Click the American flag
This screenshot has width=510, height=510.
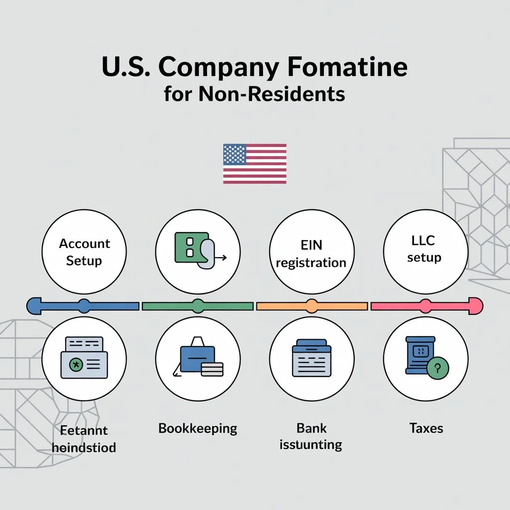point(255,164)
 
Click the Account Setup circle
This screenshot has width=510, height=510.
point(84,252)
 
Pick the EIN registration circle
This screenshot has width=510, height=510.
point(311,253)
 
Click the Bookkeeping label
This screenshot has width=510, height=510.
point(198,428)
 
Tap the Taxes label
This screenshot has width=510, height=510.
point(426,428)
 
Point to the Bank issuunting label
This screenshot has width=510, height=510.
point(311,436)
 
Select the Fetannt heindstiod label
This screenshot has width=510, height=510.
point(84,438)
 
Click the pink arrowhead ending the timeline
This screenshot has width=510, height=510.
point(477,305)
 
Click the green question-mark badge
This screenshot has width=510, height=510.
point(438,368)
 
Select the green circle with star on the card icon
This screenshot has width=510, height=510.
point(76,365)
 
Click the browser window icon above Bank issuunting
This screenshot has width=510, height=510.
point(311,358)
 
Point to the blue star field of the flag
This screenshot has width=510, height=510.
point(235,155)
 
